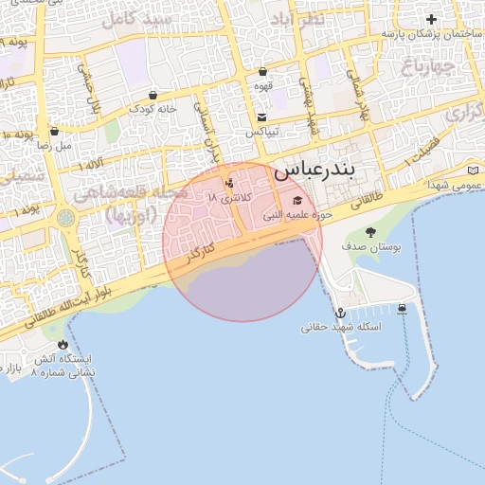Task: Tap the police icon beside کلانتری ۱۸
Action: pyautogui.click(x=228, y=184)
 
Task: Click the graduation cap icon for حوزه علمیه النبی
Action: pyautogui.click(x=299, y=200)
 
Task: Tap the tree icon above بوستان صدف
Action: pyautogui.click(x=369, y=232)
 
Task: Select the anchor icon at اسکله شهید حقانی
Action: pyautogui.click(x=339, y=312)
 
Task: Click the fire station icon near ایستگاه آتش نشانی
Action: pyautogui.click(x=63, y=344)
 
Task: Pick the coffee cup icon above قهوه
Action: pyautogui.click(x=262, y=71)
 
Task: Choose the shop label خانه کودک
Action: pyautogui.click(x=153, y=109)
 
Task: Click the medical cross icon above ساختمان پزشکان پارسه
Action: pyautogui.click(x=432, y=19)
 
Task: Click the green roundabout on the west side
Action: pyautogui.click(x=65, y=219)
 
